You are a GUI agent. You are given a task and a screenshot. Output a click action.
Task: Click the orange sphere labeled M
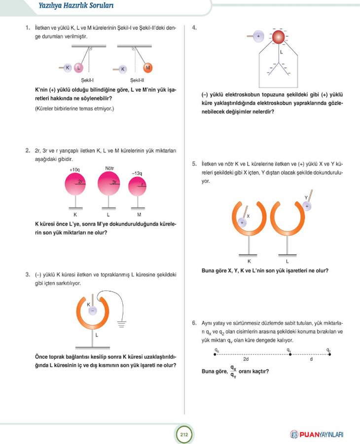pos(148,68)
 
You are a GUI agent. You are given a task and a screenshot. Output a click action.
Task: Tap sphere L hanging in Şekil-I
pos(79,68)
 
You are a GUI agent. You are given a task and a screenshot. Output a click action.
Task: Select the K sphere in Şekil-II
pos(122,69)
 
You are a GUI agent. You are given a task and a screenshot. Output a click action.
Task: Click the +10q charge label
pos(75,170)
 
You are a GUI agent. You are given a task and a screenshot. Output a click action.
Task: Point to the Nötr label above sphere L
pos(109,168)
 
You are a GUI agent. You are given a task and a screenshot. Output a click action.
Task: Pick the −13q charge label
pos(137,173)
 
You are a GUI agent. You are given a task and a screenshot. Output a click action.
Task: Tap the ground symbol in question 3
pos(122,324)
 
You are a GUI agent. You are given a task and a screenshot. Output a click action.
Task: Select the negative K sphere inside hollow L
pos(92,310)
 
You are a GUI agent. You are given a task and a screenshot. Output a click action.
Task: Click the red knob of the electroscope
pos(278,37)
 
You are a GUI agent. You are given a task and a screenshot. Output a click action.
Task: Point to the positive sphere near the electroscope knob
pos(258,36)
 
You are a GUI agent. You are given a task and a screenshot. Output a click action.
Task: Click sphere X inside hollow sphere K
pos(242,222)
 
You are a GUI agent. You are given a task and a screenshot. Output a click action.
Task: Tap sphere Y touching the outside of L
pos(307,206)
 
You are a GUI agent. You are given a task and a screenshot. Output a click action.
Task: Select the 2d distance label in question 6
pos(246,359)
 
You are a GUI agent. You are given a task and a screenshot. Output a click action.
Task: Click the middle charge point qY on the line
pos(290,354)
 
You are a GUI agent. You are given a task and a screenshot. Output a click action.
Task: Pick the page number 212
pos(184,434)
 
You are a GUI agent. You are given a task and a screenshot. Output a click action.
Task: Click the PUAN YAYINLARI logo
pos(317,434)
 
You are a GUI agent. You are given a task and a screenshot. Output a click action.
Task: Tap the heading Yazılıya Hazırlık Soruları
pos(76,5)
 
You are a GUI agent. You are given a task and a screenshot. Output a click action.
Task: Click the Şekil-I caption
pos(87,80)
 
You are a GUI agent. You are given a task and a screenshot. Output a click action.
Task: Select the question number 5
pos(194,164)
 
